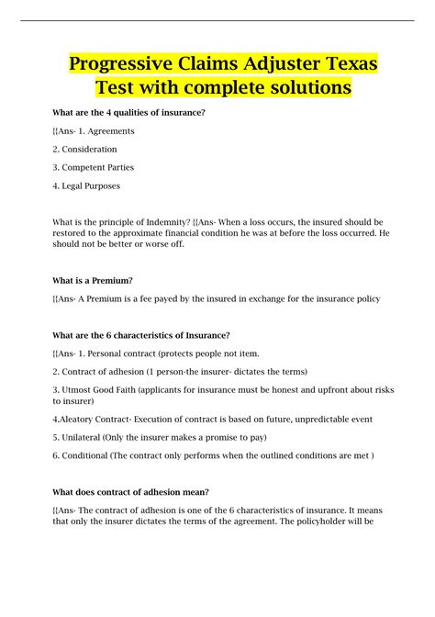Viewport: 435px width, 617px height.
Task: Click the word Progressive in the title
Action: pyautogui.click(x=130, y=66)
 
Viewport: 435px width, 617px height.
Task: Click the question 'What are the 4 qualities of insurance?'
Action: pyautogui.click(x=128, y=112)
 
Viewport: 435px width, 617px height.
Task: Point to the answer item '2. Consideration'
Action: pyautogui.click(x=84, y=149)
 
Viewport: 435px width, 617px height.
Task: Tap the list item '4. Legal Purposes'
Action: pyautogui.click(x=86, y=185)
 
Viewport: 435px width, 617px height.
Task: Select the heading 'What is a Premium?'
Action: pyautogui.click(x=94, y=281)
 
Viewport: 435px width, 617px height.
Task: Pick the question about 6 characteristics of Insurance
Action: pyautogui.click(x=140, y=334)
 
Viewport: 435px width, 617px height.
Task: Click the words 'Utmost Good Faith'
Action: pyautogui.click(x=97, y=390)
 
